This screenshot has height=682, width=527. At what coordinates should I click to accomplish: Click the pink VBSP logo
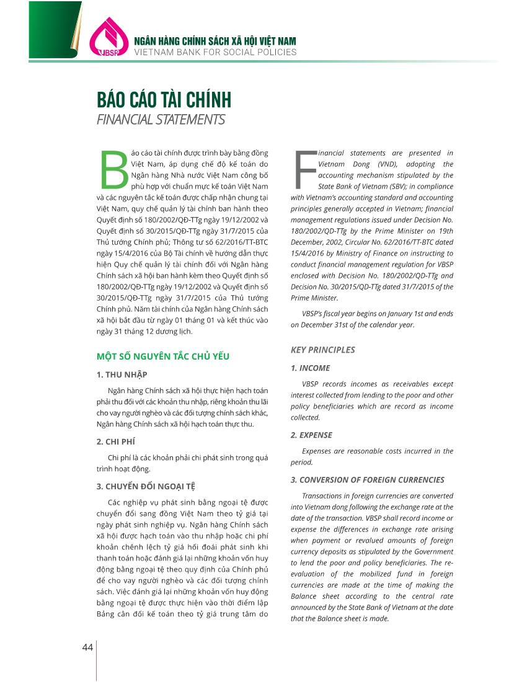pyautogui.click(x=107, y=38)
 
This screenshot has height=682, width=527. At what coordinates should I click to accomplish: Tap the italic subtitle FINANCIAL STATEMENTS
pyautogui.click(x=161, y=119)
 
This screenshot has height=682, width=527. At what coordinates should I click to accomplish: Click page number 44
pyautogui.click(x=87, y=647)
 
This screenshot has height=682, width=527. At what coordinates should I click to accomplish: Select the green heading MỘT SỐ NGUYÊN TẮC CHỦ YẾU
pyautogui.click(x=163, y=356)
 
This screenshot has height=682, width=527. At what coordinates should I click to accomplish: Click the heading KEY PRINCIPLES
pyautogui.click(x=323, y=350)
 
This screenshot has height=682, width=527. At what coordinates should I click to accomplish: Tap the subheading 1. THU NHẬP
pyautogui.click(x=122, y=375)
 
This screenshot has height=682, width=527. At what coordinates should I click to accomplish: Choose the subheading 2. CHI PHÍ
pyautogui.click(x=116, y=441)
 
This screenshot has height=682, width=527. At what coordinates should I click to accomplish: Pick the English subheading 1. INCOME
pyautogui.click(x=311, y=368)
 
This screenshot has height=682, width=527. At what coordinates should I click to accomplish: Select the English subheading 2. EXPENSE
pyautogui.click(x=312, y=435)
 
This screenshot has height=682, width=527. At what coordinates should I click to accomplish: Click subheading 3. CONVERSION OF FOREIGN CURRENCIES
pyautogui.click(x=368, y=480)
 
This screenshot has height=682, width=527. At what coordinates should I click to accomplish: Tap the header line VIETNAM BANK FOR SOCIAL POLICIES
pyautogui.click(x=216, y=52)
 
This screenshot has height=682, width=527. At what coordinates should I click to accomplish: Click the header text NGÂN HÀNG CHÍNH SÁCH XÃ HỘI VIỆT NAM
pyautogui.click(x=216, y=41)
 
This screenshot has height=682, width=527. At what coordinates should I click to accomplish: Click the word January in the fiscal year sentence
pyautogui.click(x=394, y=314)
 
